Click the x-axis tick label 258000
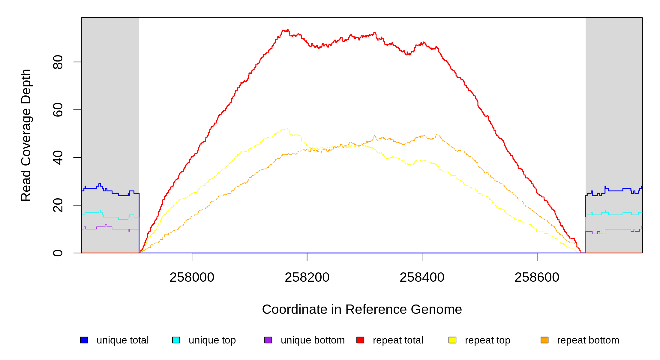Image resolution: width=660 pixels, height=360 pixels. point(192,277)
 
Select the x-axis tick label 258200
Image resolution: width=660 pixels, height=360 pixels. point(307,277)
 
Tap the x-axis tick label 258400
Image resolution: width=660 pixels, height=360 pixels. point(422,277)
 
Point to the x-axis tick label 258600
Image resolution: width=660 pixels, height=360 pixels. point(537,277)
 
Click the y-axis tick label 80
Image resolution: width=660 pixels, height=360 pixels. point(58,62)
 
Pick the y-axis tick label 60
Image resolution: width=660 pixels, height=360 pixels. point(58,110)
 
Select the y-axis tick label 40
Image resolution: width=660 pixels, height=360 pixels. point(58,157)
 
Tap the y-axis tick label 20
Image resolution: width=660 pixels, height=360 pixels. point(58,205)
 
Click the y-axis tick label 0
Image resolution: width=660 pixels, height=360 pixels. point(58,253)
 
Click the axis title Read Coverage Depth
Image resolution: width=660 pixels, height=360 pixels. point(26,135)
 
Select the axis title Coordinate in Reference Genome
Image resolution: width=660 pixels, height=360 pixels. point(362,309)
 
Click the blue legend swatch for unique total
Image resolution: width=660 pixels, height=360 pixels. point(84,340)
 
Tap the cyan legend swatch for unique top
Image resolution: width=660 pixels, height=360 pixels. point(176,340)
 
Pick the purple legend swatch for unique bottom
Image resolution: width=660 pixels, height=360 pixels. point(268,340)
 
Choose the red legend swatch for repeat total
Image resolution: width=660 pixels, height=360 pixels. point(360,340)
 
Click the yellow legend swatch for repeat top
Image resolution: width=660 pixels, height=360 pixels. point(452,340)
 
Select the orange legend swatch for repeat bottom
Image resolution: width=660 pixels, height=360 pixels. point(544,340)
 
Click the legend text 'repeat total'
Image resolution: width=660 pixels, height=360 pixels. point(398,340)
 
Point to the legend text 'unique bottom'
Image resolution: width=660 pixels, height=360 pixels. point(313,340)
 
